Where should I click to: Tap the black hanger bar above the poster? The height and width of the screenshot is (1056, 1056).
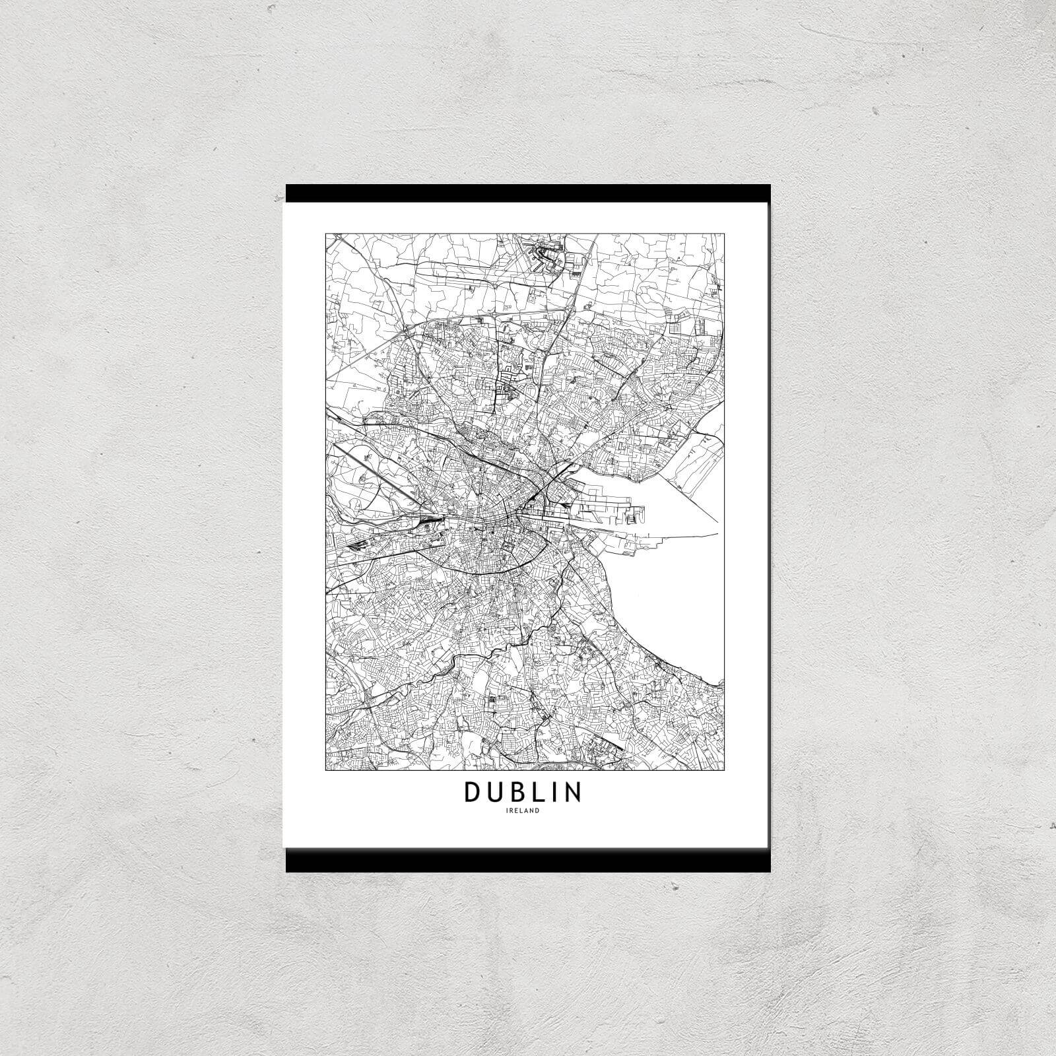[x=528, y=192]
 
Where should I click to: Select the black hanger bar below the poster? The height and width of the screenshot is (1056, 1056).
[x=528, y=861]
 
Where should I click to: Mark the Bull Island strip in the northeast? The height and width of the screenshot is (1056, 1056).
[x=693, y=462]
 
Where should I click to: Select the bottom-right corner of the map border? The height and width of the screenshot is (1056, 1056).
[x=725, y=770]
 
